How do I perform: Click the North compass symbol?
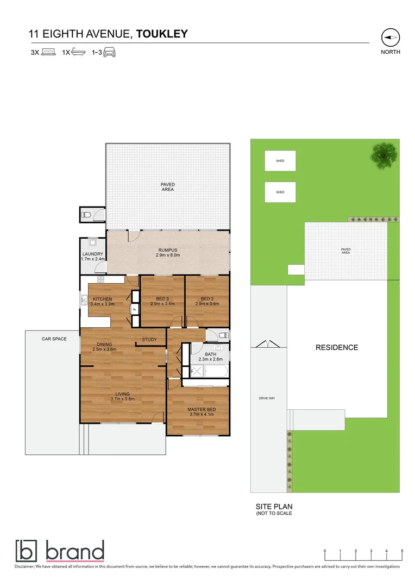tap(391, 37)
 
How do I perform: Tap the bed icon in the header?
tap(49, 53)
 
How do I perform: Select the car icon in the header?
tap(110, 53)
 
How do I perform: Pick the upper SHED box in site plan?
tap(280, 161)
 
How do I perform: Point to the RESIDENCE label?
tap(337, 347)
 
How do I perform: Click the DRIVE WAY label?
tap(267, 398)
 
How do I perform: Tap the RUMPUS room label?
tap(168, 251)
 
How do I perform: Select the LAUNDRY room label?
tap(93, 254)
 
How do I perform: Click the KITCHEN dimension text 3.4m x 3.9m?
tap(102, 304)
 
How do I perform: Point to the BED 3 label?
tap(162, 299)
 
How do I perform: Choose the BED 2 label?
tap(207, 299)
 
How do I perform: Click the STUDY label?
tap(149, 340)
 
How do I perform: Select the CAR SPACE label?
tap(54, 339)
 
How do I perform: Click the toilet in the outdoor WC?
tap(85, 215)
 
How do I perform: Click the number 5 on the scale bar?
tap(402, 551)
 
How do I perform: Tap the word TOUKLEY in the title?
tap(162, 34)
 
